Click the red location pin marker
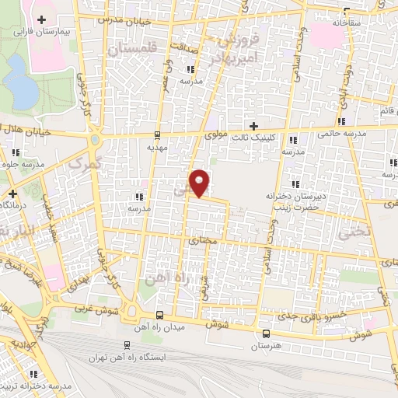click(x=201, y=183)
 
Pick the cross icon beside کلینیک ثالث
click(x=253, y=125)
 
